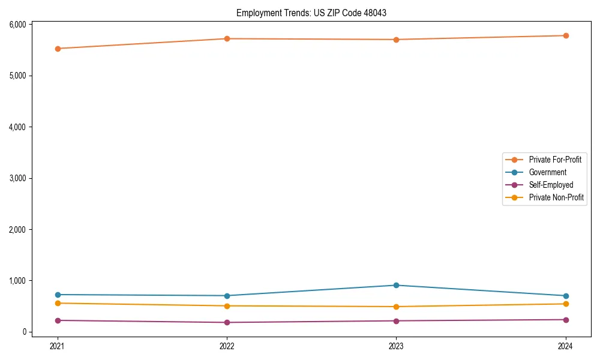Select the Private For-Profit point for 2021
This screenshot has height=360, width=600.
tap(58, 49)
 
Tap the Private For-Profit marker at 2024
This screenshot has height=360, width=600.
tap(566, 35)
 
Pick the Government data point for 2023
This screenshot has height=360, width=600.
tap(397, 285)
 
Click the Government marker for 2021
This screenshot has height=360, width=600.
tap(58, 295)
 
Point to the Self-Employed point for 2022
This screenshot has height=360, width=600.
tap(227, 322)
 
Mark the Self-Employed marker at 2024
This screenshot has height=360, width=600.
tap(566, 320)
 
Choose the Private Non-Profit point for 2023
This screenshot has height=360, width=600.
tap(397, 307)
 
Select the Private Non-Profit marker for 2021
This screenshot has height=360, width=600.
tap(58, 303)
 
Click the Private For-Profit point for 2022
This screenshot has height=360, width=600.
tap(227, 38)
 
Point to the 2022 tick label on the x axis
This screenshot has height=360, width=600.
tap(227, 346)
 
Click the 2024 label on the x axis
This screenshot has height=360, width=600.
tap(566, 346)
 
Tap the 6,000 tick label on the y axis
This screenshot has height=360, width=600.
tap(17, 25)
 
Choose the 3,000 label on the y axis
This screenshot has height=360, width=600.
tap(17, 178)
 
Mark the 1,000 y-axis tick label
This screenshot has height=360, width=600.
tap(17, 281)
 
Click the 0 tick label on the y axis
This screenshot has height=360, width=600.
tap(25, 332)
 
